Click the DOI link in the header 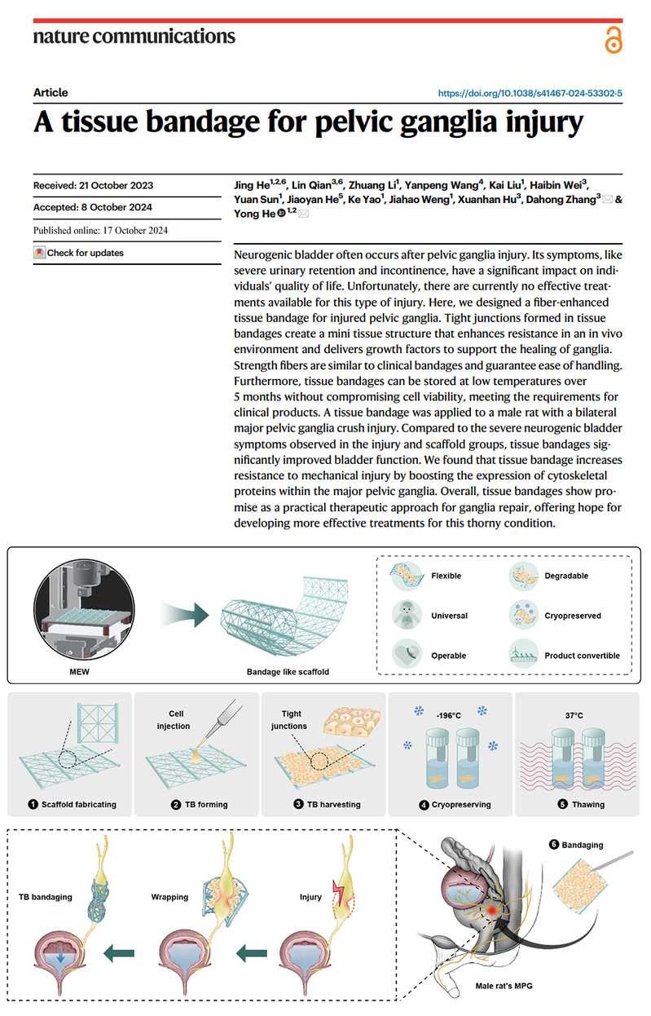[530, 94]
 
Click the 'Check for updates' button [78, 253]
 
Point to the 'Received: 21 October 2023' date [94, 186]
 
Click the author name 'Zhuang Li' [373, 185]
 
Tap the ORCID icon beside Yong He [281, 213]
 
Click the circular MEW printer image [84, 609]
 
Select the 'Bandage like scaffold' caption [288, 672]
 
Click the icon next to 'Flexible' [407, 576]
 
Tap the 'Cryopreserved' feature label [573, 616]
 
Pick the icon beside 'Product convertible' [524, 655]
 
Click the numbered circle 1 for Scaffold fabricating [33, 804]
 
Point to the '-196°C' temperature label [448, 715]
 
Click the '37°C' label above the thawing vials [574, 715]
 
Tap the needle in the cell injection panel [223, 720]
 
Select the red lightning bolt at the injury [339, 893]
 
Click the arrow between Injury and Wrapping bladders [252, 952]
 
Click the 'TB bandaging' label [46, 897]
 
